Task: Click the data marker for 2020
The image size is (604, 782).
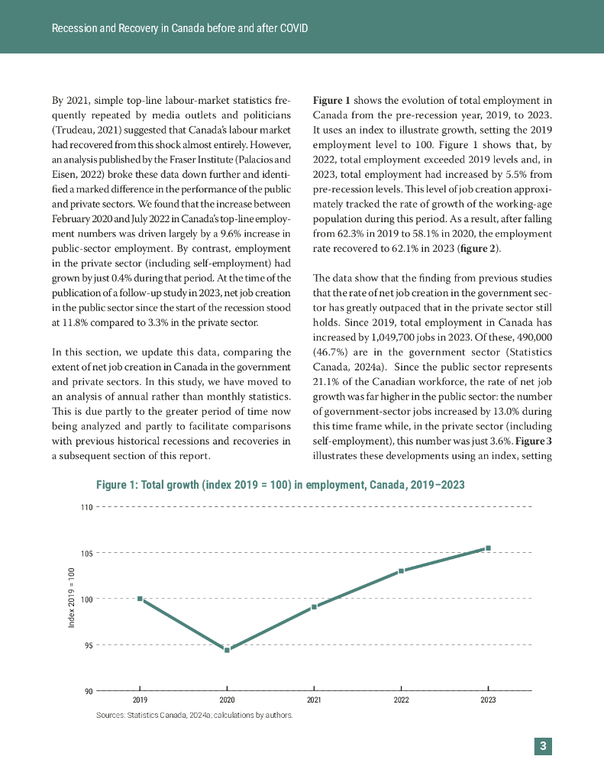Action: [227, 650]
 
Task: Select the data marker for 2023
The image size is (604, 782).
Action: [488, 548]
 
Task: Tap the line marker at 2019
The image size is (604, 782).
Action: [140, 599]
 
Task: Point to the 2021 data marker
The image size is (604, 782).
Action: [314, 607]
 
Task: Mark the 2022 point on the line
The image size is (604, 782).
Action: [401, 570]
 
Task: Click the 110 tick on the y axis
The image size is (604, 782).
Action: [86, 507]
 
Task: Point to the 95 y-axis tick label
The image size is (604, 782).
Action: [88, 645]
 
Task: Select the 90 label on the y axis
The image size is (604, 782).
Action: [88, 691]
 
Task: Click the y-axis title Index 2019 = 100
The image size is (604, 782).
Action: [72, 598]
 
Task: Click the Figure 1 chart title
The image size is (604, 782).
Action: [279, 485]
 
